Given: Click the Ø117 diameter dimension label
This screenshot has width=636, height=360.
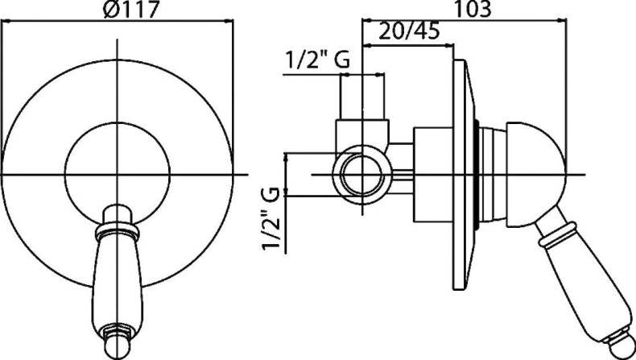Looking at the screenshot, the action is click(130, 9).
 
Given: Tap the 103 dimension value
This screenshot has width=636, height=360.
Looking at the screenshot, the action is click(472, 9).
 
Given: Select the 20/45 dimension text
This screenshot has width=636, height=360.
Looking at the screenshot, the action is click(409, 31).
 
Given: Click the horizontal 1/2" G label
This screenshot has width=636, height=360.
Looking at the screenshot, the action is click(317, 60).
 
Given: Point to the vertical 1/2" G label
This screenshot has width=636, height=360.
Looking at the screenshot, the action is click(271, 218).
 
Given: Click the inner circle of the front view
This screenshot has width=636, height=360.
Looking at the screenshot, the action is click(118, 122).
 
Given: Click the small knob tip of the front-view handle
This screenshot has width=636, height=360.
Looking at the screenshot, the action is click(118, 346).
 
